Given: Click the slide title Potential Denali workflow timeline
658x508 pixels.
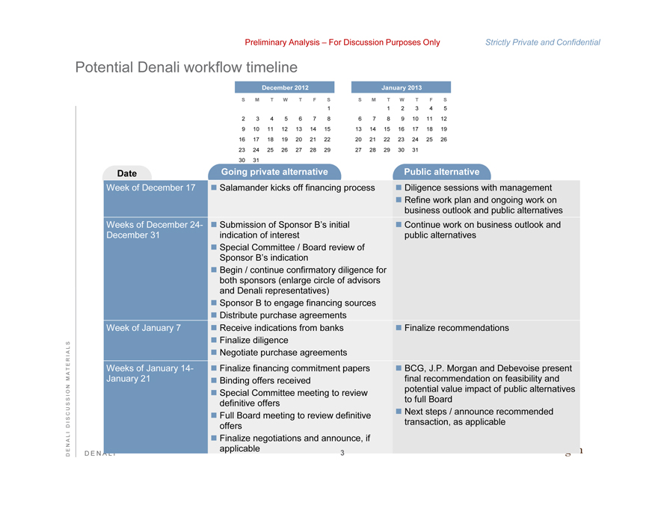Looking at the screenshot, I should pyautogui.click(x=186, y=67).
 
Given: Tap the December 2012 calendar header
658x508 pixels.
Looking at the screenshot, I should pyautogui.click(x=285, y=87).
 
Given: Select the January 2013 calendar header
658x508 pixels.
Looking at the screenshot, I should pyautogui.click(x=402, y=87).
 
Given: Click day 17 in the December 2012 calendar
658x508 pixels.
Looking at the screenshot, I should pyautogui.click(x=256, y=139).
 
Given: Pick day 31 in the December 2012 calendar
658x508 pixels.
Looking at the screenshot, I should pyautogui.click(x=256, y=160).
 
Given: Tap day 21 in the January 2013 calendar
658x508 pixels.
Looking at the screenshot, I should pyautogui.click(x=373, y=139).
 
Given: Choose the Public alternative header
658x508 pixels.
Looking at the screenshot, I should pyautogui.click(x=441, y=172).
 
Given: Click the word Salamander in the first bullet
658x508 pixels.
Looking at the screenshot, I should pyautogui.click(x=247, y=188).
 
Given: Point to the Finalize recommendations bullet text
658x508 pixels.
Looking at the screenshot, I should pyautogui.click(x=456, y=328).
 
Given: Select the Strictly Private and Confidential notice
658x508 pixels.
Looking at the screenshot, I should pyautogui.click(x=542, y=43).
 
